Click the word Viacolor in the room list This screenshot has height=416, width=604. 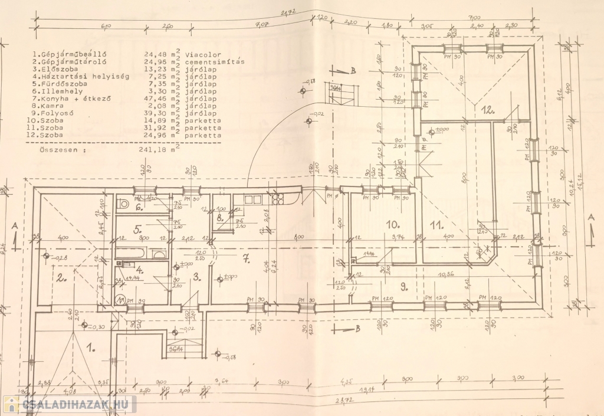tap(202, 55)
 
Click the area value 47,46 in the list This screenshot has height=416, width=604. tap(155, 99)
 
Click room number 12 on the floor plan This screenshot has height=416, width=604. tap(487, 109)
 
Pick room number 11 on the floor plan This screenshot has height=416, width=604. tap(436, 224)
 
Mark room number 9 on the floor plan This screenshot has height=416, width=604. tap(404, 287)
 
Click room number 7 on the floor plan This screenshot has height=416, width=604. tap(247, 257)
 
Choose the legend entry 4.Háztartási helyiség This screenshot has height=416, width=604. tap(77, 77)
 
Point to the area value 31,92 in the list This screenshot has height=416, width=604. tap(155, 128)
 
